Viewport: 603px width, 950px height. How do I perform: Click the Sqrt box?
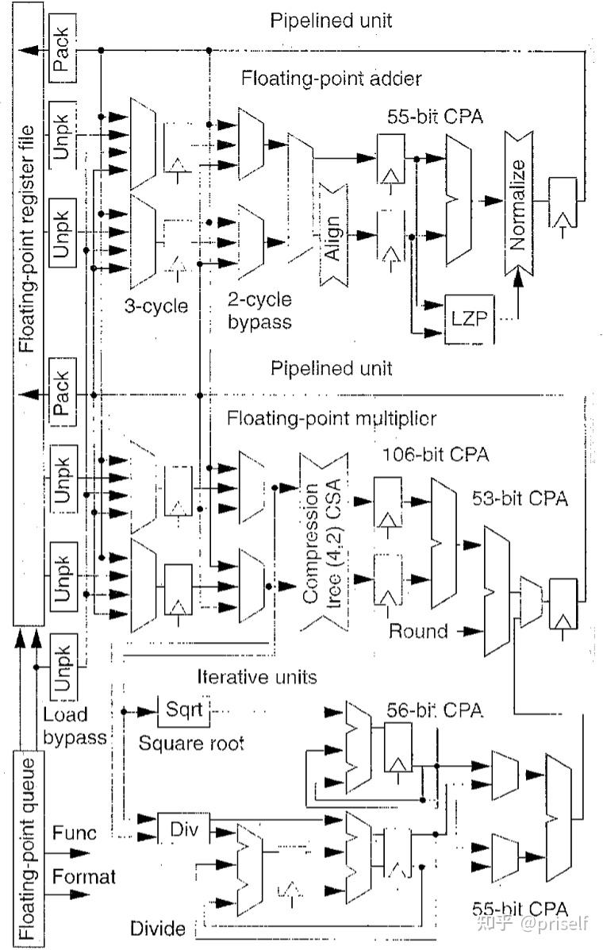[184, 710]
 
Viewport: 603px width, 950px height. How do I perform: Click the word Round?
[418, 631]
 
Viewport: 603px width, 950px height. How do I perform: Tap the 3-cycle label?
[156, 306]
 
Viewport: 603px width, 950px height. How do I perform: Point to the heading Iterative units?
[256, 676]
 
